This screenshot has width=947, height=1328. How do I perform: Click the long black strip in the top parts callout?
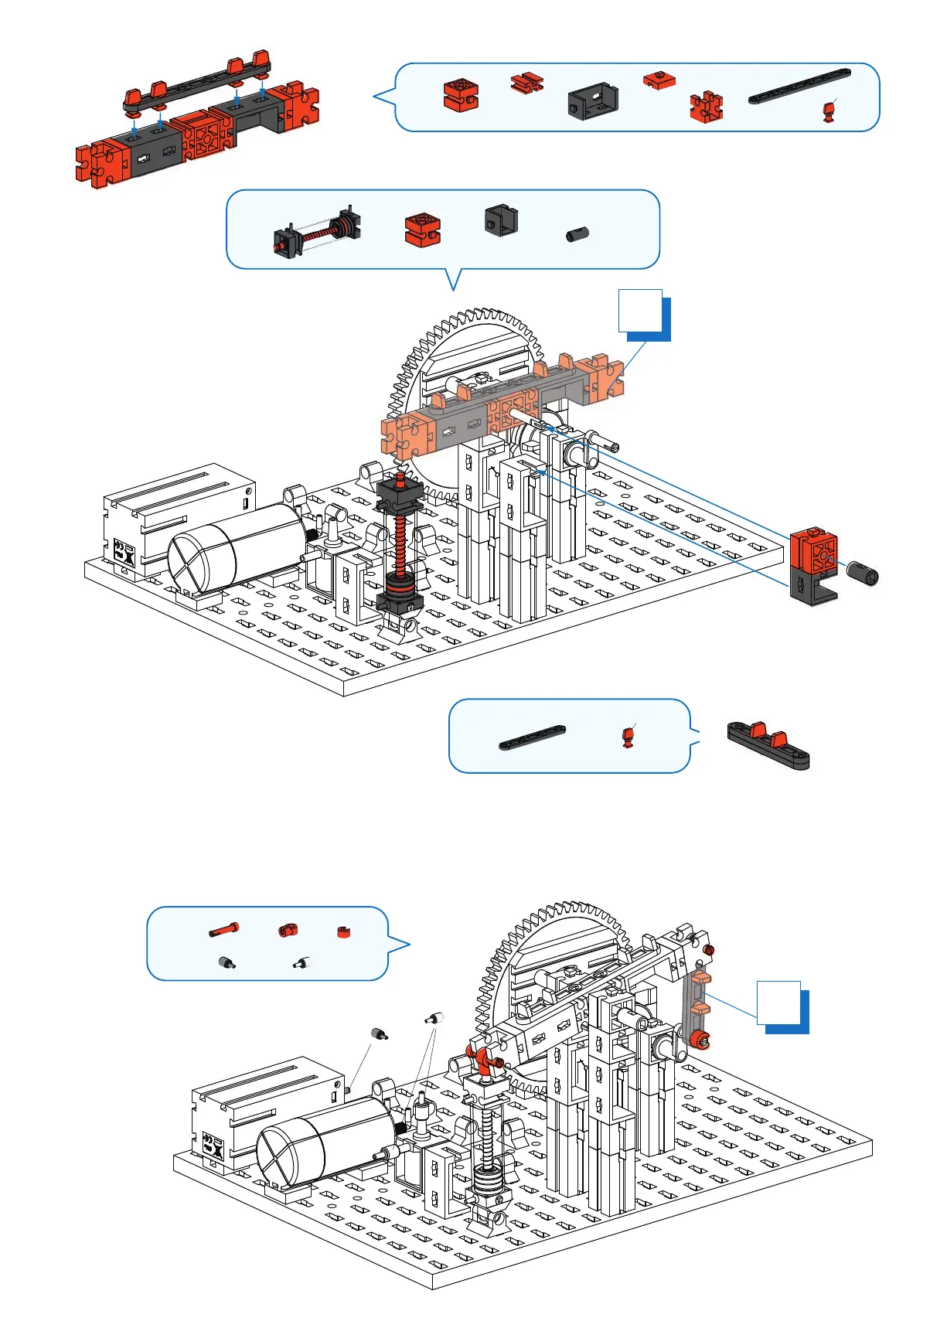799,86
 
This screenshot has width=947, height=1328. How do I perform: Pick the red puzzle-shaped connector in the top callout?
706,107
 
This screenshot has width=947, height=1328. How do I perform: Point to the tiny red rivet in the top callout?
829,112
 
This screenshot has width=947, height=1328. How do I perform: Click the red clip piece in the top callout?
527,82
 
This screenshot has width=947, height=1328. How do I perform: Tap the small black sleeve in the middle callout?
577,233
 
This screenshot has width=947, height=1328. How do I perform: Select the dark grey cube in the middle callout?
501,220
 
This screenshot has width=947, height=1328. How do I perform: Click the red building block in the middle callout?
422,229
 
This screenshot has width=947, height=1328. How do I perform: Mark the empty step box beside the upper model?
642,312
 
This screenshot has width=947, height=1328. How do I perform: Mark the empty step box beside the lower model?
779,1003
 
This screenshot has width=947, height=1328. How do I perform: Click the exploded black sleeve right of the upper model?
862,573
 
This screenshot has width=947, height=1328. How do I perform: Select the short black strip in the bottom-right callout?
532,737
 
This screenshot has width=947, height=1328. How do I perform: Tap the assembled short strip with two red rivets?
768,744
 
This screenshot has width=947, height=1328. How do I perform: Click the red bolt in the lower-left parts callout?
223,930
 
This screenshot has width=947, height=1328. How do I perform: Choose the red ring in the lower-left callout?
344,932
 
